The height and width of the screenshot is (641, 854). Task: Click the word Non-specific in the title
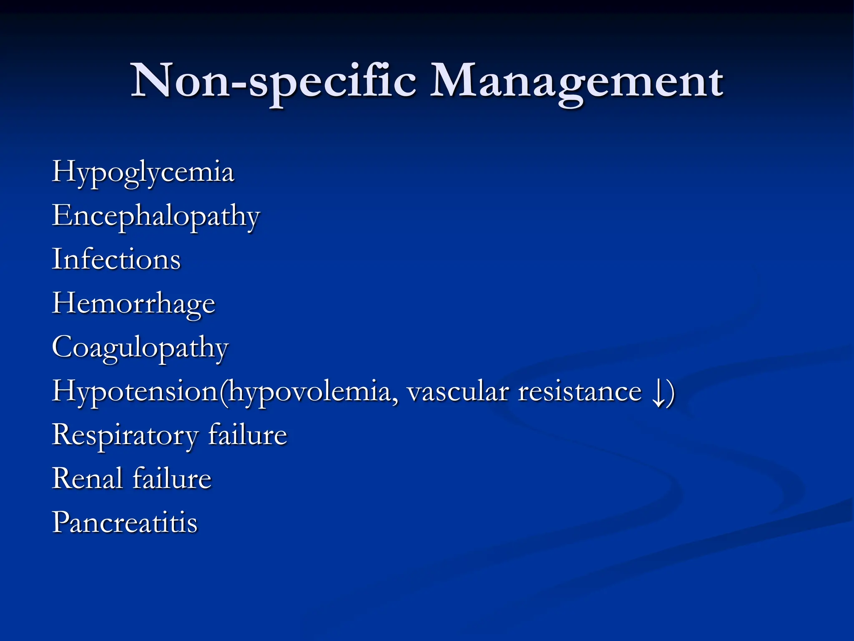(274, 81)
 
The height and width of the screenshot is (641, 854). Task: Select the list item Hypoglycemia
(143, 172)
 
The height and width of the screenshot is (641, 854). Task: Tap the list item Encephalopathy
(156, 217)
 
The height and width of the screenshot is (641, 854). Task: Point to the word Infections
(116, 259)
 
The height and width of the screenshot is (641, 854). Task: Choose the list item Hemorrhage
(133, 303)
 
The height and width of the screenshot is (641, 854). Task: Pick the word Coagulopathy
(140, 348)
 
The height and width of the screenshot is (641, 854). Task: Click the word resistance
(580, 392)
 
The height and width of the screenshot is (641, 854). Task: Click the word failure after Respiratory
(248, 435)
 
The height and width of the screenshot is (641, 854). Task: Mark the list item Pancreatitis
(125, 522)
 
